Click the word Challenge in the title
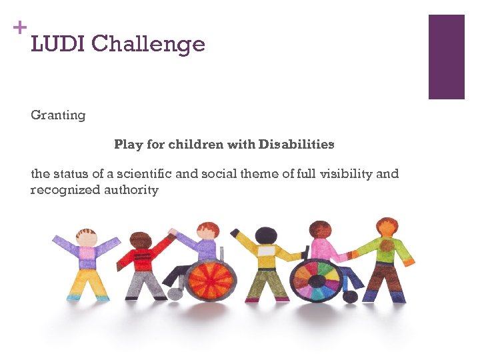(x=148, y=45)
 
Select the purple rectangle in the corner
(x=446, y=57)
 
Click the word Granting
(x=58, y=115)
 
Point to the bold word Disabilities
(x=297, y=145)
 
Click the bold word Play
(x=128, y=145)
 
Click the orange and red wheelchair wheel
(x=210, y=279)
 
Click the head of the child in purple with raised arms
(x=87, y=237)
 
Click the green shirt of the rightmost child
(x=385, y=249)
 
